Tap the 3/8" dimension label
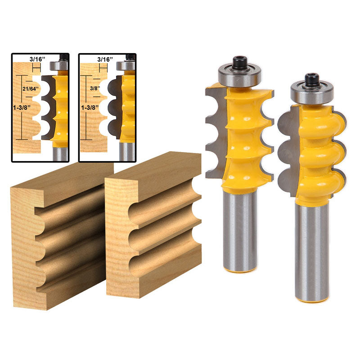tap(94, 89)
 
